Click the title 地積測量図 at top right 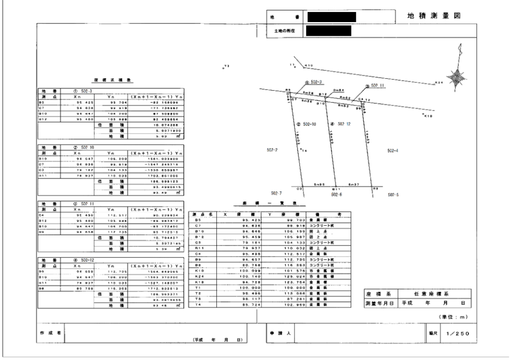tap(434, 17)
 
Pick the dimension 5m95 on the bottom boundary tap(320, 184)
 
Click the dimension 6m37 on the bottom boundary tap(354, 184)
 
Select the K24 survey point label tap(439, 82)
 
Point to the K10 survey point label tap(309, 65)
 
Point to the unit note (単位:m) tap(454, 316)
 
